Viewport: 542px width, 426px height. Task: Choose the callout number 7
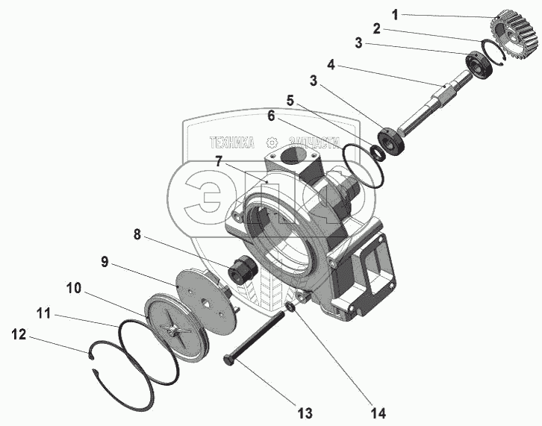pyautogui.click(x=217, y=161)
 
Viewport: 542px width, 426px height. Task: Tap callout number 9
pyautogui.click(x=105, y=262)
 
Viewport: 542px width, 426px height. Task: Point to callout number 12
pyautogui.click(x=17, y=336)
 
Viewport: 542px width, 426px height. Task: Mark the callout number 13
pyautogui.click(x=305, y=413)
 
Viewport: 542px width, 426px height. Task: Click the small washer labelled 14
pyautogui.click(x=290, y=307)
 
